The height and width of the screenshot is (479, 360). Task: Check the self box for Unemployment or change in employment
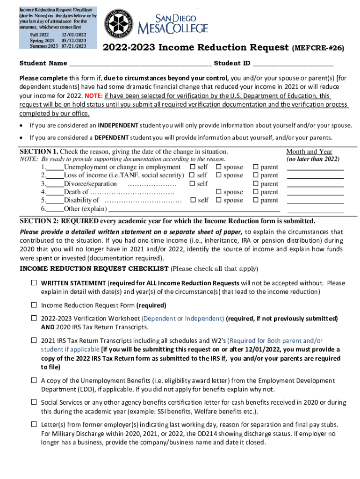click(192, 167)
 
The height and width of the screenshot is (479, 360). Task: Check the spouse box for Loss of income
click(218, 175)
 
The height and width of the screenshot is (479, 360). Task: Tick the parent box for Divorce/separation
click(255, 184)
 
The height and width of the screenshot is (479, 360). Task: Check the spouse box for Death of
click(218, 192)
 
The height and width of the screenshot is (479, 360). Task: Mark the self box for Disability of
click(192, 200)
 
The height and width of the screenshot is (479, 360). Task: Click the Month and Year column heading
click(309, 152)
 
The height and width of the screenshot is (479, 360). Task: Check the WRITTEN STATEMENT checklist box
click(34, 283)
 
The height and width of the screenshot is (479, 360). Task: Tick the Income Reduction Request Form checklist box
click(34, 305)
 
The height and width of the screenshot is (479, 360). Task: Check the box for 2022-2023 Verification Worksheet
click(34, 318)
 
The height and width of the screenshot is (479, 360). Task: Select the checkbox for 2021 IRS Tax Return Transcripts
click(34, 341)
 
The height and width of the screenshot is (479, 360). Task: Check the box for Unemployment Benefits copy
click(34, 380)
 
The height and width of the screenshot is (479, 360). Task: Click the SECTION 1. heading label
click(38, 152)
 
